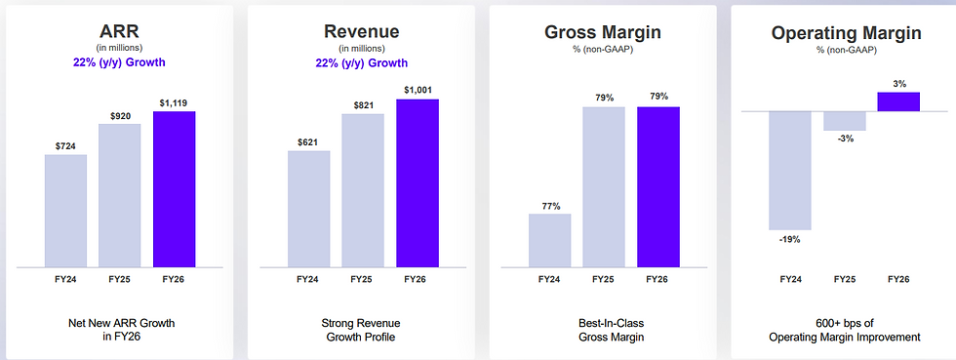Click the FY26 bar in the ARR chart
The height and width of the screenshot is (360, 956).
pyautogui.click(x=175, y=189)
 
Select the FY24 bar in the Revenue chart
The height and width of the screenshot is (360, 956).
pyautogui.click(x=308, y=209)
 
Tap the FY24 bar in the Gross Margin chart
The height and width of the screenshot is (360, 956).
pyautogui.click(x=550, y=240)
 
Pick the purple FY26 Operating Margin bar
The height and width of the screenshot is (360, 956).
pyautogui.click(x=898, y=101)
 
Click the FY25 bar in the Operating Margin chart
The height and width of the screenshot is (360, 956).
pyautogui.click(x=845, y=121)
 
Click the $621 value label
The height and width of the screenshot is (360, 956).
pyautogui.click(x=308, y=142)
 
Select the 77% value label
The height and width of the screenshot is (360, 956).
pyautogui.click(x=550, y=206)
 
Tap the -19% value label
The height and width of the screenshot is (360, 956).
pyautogui.click(x=790, y=240)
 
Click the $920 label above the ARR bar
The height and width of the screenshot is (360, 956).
pyautogui.click(x=120, y=116)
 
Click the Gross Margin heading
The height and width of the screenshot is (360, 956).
pyautogui.click(x=603, y=32)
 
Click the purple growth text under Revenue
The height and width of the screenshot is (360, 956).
pyautogui.click(x=362, y=62)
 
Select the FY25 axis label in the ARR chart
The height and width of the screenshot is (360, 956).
pyautogui.click(x=120, y=279)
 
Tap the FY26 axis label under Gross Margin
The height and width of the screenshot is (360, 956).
pyautogui.click(x=657, y=279)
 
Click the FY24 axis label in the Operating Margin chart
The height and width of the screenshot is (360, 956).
pyautogui.click(x=791, y=279)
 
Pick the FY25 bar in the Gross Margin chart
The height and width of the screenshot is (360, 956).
pyautogui.click(x=604, y=187)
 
